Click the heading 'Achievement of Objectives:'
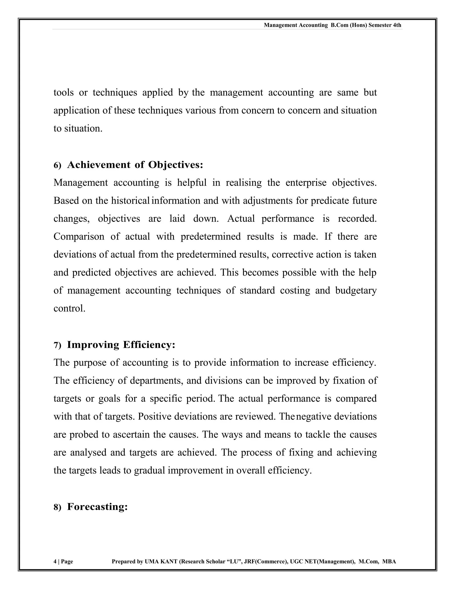pyautogui.click(x=135, y=165)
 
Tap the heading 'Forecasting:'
pyautogui.click(x=97, y=507)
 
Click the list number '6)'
pyautogui.click(x=57, y=166)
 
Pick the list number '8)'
pyautogui.click(x=57, y=508)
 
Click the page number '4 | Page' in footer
pyautogui.click(x=63, y=561)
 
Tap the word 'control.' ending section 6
pyautogui.click(x=69, y=308)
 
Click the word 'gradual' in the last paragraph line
pyautogui.click(x=149, y=470)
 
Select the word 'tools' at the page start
pyautogui.click(x=64, y=92)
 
